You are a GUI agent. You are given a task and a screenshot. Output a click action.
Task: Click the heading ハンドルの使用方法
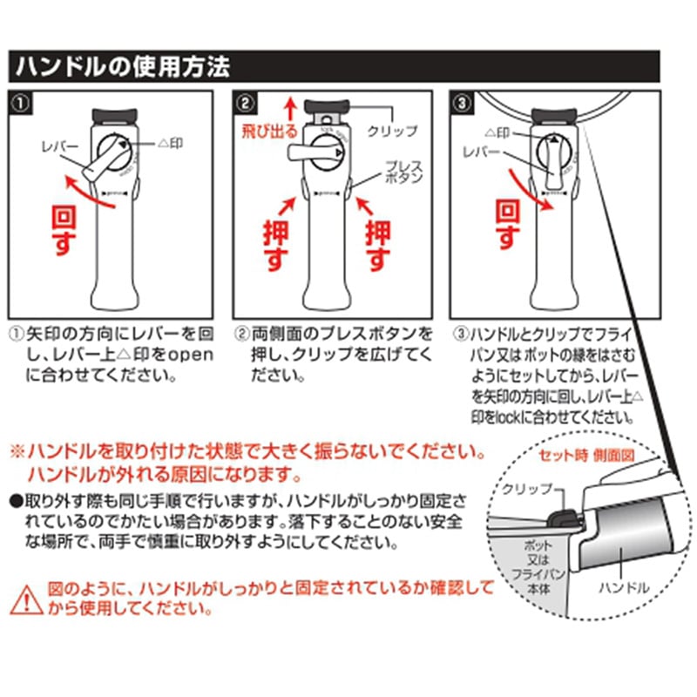point(120,65)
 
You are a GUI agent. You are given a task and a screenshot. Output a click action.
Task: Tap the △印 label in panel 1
point(170,142)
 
